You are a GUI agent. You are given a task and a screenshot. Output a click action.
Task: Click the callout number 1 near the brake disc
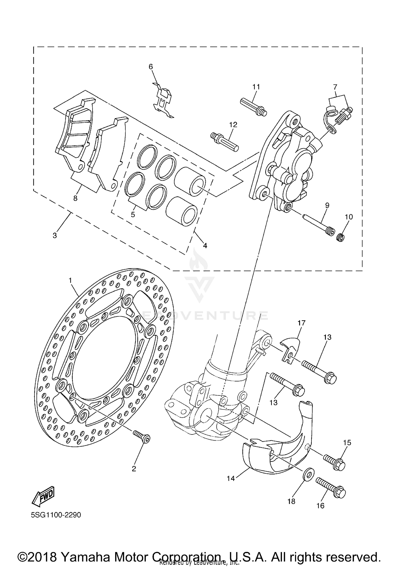pos(70,280)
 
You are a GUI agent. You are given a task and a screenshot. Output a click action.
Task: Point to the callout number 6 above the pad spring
pos(151,67)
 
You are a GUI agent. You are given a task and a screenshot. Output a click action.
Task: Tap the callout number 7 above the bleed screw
pos(335,87)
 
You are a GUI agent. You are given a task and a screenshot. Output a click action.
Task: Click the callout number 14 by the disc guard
pos(231,478)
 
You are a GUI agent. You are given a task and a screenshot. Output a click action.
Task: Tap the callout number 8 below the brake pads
pos(75,198)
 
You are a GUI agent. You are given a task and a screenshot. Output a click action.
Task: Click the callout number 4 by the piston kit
pos(205,246)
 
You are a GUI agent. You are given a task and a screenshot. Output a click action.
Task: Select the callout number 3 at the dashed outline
pos(55,236)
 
